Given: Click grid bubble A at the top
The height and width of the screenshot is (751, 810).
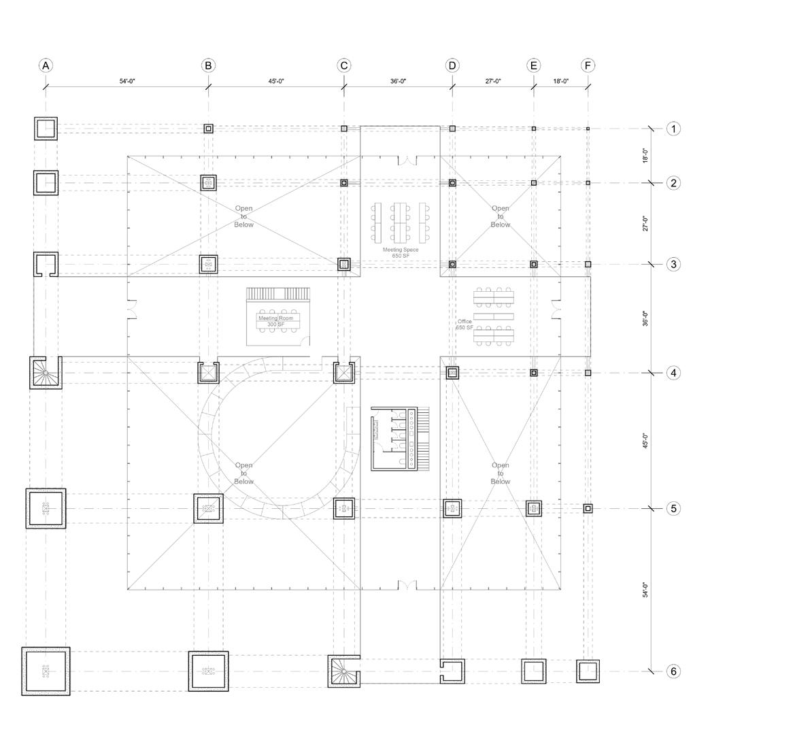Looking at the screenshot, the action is tap(46, 65).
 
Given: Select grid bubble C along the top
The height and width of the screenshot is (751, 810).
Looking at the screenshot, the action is tap(344, 65).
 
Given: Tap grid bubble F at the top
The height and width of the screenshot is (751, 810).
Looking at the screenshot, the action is tap(588, 65).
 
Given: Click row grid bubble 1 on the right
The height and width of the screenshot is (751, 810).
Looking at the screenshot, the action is tap(673, 129).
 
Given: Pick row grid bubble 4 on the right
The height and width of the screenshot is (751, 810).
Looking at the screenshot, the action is tap(673, 373).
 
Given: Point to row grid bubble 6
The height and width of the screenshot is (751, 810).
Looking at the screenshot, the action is tap(673, 671).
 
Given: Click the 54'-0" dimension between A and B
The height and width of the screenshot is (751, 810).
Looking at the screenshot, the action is tap(127, 81).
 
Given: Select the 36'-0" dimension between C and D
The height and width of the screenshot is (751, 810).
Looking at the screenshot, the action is tap(398, 81).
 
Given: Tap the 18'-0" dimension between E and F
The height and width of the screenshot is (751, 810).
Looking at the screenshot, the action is tap(560, 81).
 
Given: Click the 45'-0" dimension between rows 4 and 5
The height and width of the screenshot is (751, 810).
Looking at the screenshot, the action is tap(645, 440).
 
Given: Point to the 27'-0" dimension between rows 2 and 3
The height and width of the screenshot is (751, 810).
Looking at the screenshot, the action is tap(645, 223).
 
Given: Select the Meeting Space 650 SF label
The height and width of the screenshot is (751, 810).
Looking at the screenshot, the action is tap(400, 252).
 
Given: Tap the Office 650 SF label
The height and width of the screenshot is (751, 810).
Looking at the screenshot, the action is tap(465, 324).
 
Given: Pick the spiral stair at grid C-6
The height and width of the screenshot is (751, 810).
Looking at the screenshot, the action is tap(344, 671).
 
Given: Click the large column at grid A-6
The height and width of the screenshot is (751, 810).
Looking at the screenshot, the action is tap(46, 671).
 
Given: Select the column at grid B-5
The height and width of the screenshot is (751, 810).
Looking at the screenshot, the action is tap(208, 508).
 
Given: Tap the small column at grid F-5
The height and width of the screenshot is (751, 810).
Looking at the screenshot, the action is tap(588, 508).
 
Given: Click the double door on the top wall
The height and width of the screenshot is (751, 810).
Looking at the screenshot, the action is tap(407, 161).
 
